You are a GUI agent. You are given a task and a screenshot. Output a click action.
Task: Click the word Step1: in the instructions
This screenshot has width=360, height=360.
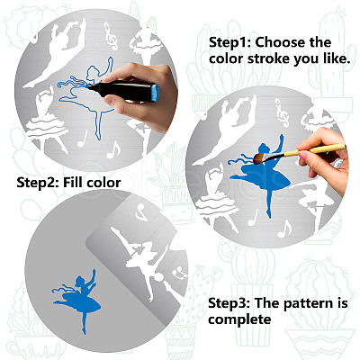point(229,42)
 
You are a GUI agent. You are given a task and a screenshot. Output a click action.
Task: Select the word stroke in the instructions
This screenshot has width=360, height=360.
point(268,58)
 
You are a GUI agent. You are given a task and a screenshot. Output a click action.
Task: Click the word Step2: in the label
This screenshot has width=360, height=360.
point(38,183)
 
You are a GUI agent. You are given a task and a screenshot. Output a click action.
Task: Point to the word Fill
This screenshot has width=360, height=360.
point(73,182)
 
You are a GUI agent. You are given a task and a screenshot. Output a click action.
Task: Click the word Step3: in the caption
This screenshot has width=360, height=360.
point(229,303)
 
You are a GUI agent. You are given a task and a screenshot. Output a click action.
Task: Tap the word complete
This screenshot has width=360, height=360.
point(239,319)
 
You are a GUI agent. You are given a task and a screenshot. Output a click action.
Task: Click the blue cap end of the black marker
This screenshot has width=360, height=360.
point(155,93)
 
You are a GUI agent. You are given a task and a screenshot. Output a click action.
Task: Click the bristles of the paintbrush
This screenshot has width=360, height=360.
point(260,157)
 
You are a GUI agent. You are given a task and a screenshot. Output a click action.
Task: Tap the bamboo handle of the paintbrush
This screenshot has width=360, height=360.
point(314,150)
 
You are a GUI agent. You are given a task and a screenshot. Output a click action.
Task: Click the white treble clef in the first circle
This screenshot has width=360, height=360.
point(112,35)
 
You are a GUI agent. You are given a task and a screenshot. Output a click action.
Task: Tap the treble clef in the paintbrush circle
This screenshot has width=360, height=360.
point(282,113)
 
